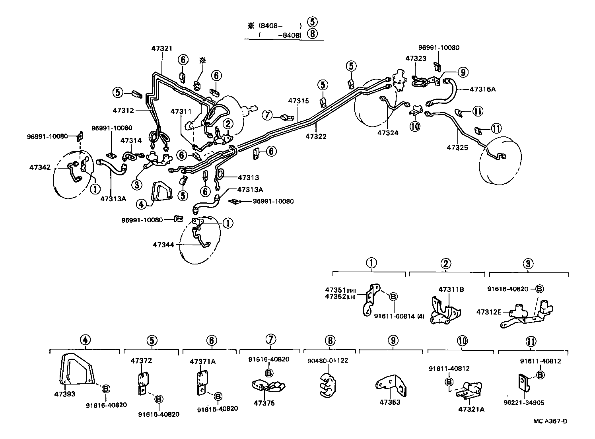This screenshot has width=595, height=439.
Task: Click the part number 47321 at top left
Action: (161, 48)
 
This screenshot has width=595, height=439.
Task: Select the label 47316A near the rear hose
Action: (482, 89)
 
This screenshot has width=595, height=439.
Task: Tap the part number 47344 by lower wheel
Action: (163, 245)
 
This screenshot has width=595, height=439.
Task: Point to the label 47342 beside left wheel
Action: (40, 167)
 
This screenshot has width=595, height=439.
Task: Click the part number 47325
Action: (457, 147)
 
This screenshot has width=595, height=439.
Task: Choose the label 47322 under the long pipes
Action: (316, 136)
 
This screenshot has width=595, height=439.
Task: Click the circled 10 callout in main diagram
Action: (415, 127)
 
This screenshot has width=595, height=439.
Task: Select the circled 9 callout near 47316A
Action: (462, 72)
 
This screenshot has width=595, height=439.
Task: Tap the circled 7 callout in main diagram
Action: (267, 115)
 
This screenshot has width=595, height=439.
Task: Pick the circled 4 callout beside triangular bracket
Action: (141, 204)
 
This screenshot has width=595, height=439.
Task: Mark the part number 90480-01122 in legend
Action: (328, 360)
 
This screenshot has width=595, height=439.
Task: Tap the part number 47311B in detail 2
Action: (451, 289)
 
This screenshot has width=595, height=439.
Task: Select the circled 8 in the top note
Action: (313, 34)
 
